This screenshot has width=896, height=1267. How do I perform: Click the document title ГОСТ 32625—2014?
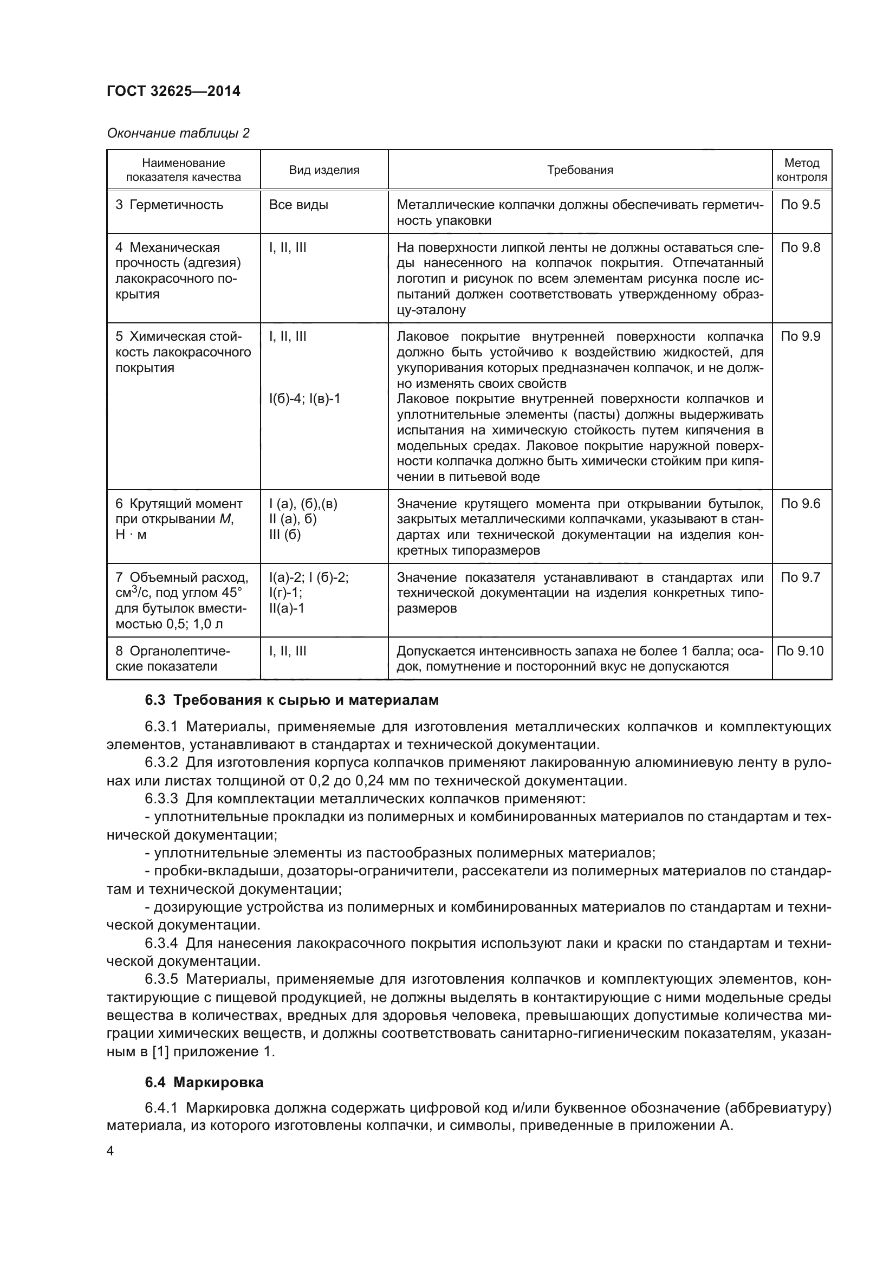(x=173, y=91)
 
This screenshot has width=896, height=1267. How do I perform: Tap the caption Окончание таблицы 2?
(x=178, y=133)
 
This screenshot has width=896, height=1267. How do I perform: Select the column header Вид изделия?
(x=324, y=170)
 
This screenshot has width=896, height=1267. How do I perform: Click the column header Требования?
(x=580, y=170)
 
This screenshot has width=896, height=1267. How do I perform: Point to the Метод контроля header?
(x=801, y=170)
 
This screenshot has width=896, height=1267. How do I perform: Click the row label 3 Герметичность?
(x=169, y=205)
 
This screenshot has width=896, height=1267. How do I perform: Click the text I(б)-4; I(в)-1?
(x=304, y=399)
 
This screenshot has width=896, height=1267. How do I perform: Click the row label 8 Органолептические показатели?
(x=172, y=658)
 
